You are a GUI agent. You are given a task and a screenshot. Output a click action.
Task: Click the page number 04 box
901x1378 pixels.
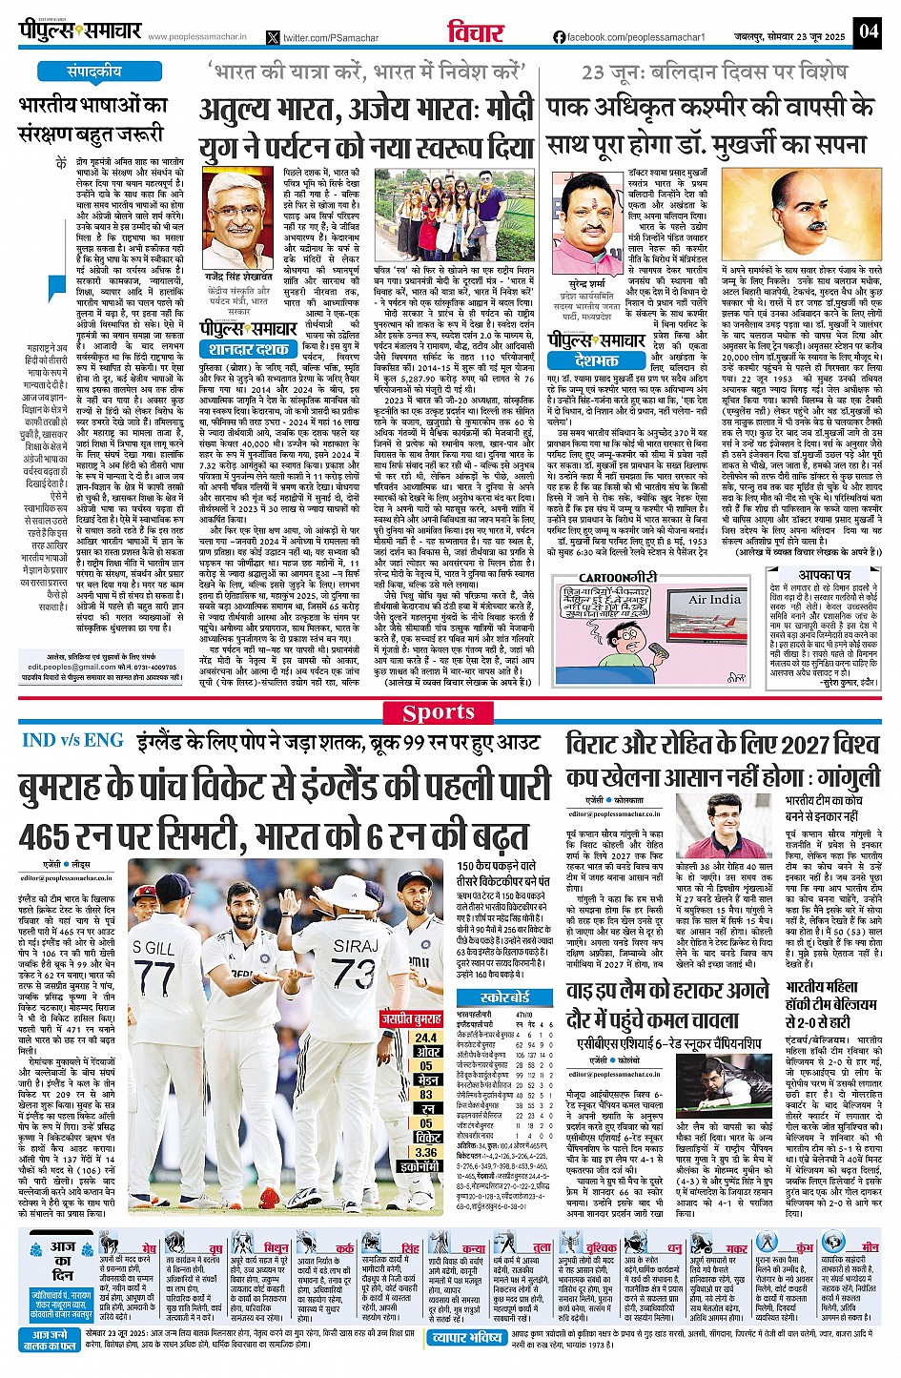(868, 31)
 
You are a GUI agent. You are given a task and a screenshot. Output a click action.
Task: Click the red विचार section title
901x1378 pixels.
(473, 33)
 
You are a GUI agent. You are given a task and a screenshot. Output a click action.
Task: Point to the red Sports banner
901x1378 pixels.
(438, 712)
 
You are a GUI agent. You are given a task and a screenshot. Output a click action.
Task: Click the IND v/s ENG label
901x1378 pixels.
(72, 740)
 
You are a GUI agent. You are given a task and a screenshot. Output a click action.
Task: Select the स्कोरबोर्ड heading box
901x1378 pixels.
(505, 997)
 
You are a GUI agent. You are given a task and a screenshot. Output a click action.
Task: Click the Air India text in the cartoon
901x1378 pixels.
(714, 599)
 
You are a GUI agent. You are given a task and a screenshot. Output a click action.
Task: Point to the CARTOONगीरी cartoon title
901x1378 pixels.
(618, 578)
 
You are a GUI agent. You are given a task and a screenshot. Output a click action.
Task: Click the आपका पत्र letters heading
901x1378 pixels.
(824, 576)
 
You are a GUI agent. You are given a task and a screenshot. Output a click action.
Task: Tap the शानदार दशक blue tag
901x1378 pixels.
(249, 349)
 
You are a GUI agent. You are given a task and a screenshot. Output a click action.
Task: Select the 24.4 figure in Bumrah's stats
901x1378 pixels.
(426, 1038)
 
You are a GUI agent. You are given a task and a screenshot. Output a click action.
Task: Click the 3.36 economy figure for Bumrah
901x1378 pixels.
(426, 1152)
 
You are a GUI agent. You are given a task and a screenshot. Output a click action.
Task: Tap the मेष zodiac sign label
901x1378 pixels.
(149, 1248)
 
